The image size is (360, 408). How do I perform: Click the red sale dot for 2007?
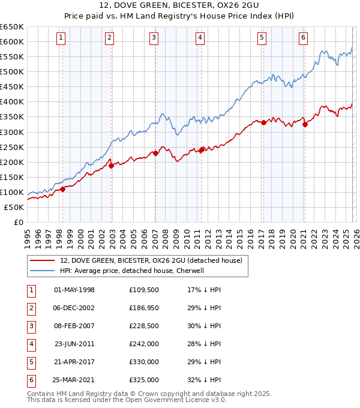click(155, 153)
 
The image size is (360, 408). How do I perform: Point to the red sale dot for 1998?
click(62, 189)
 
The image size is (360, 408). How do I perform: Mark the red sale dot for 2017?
click(263, 122)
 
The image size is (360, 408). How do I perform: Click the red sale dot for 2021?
click(305, 124)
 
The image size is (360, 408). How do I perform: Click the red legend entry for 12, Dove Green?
click(151, 260)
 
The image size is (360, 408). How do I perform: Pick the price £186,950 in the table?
click(143, 308)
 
